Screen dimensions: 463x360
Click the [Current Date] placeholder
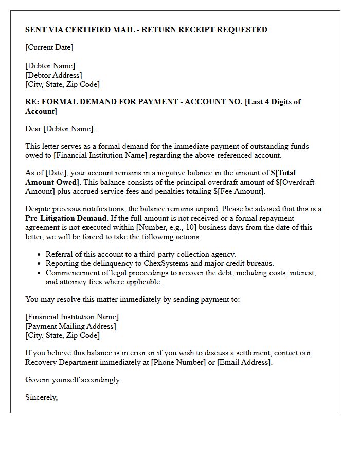pyautogui.click(x=49, y=48)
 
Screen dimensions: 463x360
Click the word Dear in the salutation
pyautogui.click(x=33, y=129)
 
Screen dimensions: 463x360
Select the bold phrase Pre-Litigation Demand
pyautogui.click(x=65, y=218)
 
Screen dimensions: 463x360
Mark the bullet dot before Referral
pyautogui.click(x=40, y=255)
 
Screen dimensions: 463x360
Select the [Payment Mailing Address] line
pyautogui.click(x=70, y=326)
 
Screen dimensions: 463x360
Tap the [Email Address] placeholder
pyautogui.click(x=244, y=362)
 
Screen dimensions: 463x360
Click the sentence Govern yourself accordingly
pyautogui.click(x=73, y=380)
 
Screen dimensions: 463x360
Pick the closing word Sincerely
pyautogui.click(x=41, y=397)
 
